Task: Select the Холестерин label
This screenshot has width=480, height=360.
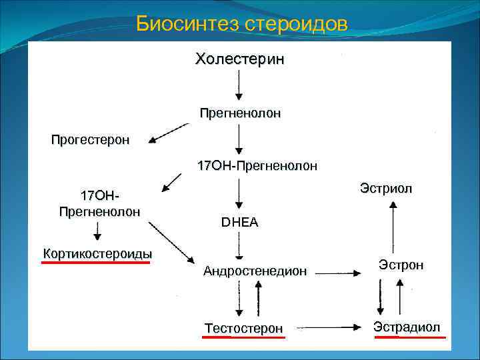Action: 239,59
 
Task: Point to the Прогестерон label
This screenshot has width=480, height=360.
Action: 91,140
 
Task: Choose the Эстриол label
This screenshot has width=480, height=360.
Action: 386,189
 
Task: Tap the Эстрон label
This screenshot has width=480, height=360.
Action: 401,265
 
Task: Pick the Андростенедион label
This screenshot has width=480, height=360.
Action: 255,271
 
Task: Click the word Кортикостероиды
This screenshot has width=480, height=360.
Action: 97,253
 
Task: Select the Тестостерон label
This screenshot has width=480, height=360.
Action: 244,328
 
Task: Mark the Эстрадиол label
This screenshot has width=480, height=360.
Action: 407,327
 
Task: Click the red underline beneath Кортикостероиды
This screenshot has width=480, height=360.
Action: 97,263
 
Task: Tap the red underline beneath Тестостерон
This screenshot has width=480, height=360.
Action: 244,337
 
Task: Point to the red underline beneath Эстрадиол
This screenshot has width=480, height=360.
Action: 410,337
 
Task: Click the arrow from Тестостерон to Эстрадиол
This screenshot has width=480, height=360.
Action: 330,327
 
